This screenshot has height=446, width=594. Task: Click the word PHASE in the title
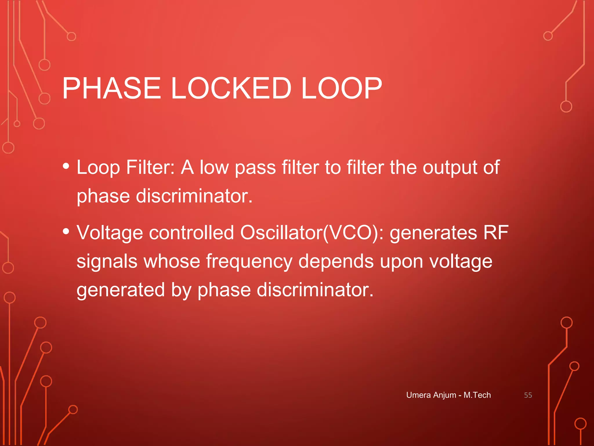coord(112,88)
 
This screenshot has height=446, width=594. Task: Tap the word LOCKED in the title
coord(231,88)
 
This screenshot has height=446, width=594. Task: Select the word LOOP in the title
coord(341,88)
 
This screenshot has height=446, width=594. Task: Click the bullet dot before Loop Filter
coord(66,166)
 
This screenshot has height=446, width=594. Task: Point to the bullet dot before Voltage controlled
coord(66,231)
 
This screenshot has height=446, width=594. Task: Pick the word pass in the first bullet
coord(255,168)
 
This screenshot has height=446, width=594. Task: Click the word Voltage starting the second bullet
coord(110,233)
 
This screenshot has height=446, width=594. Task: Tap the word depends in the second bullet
coord(336,261)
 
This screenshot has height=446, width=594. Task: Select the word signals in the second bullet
coord(107,261)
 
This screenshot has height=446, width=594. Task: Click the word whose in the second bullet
coord(171,261)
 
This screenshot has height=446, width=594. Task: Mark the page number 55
coord(528,395)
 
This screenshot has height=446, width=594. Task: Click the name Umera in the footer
coord(418,395)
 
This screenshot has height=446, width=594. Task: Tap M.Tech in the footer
coord(477,395)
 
